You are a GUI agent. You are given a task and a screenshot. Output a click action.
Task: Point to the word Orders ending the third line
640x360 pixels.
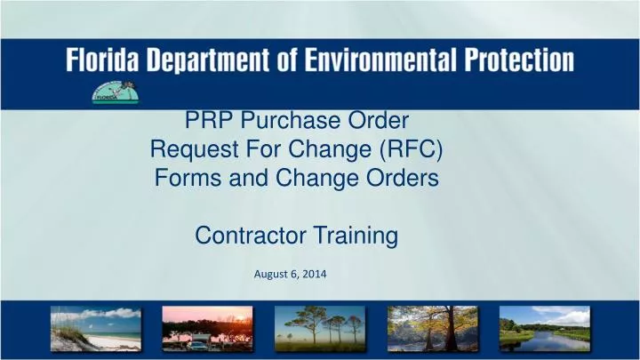click(x=405, y=178)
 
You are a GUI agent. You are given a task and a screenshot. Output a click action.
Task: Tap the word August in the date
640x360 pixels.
click(x=272, y=275)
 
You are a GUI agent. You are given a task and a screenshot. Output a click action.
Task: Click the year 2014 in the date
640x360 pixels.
click(x=313, y=275)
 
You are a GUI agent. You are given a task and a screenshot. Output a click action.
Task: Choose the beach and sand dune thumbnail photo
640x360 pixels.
click(x=95, y=328)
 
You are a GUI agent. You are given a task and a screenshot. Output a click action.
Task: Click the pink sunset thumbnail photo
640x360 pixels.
click(x=207, y=328)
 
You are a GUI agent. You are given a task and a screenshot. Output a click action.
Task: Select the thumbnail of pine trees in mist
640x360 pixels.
click(x=319, y=328)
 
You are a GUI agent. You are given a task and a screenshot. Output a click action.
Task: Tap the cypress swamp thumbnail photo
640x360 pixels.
click(x=432, y=328)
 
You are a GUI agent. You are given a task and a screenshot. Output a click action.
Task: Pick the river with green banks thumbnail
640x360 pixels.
click(x=544, y=328)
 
